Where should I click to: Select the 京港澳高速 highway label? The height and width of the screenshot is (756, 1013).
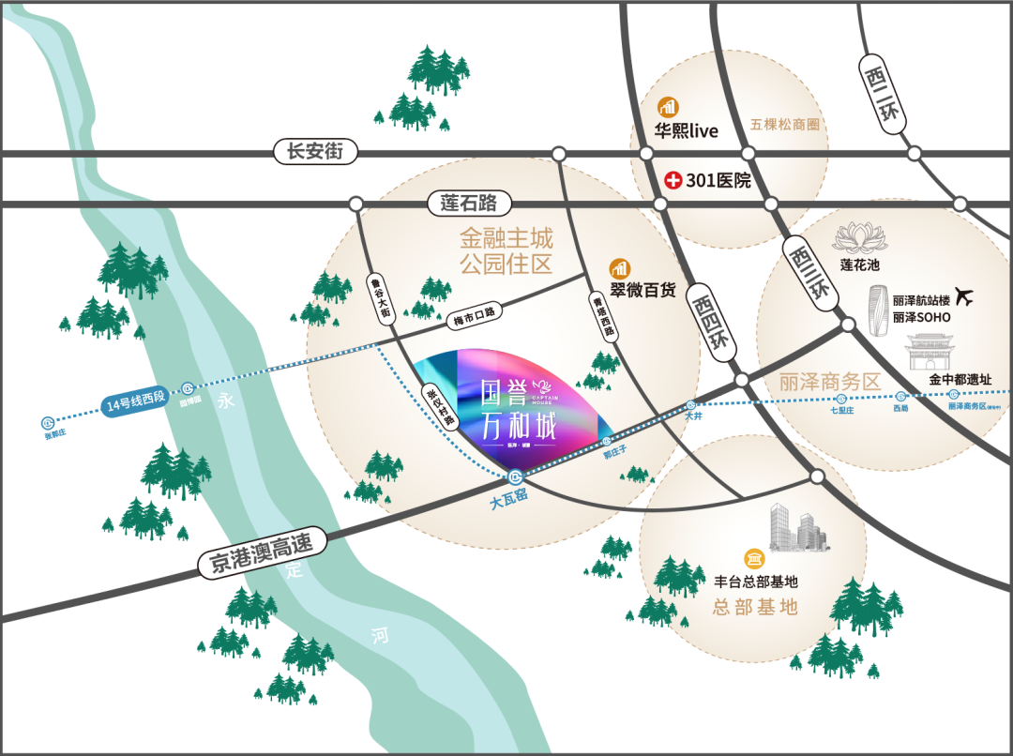pyautogui.click(x=266, y=552)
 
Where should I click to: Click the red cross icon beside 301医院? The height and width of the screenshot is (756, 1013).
pyautogui.click(x=673, y=180)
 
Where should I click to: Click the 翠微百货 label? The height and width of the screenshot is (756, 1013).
pyautogui.click(x=643, y=291)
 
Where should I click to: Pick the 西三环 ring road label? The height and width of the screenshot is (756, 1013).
pyautogui.click(x=808, y=271)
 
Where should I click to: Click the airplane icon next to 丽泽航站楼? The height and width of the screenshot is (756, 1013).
pyautogui.click(x=964, y=297)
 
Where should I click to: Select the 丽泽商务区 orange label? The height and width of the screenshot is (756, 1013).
pyautogui.click(x=830, y=383)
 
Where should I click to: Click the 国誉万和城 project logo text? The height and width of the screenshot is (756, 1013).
pyautogui.click(x=518, y=410)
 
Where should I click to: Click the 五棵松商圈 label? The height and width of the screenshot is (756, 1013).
pyautogui.click(x=785, y=124)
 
